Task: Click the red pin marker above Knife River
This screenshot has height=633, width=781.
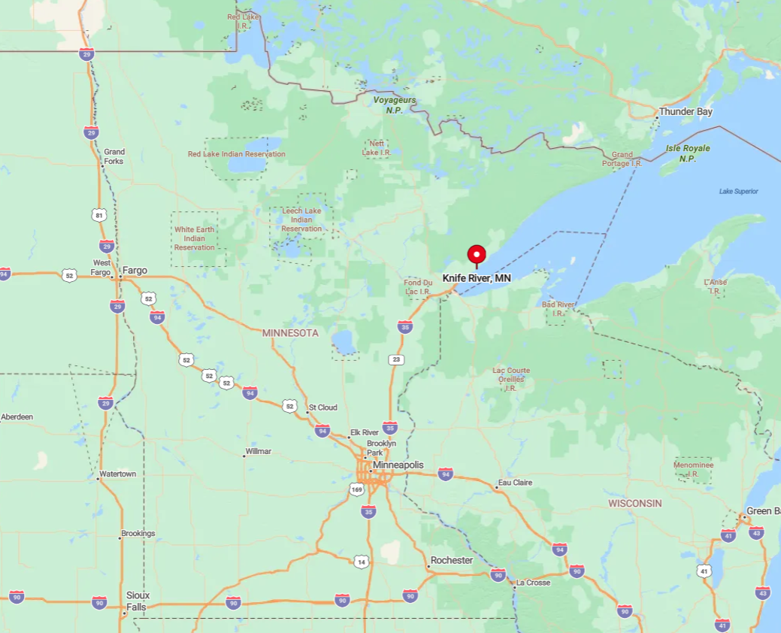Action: [x=477, y=255]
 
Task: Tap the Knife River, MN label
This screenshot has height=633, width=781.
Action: [x=477, y=278]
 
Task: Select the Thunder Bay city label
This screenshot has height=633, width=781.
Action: [x=686, y=112]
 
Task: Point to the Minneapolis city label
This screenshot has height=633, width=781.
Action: [x=398, y=465]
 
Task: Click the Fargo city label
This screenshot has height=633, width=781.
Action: [x=135, y=271]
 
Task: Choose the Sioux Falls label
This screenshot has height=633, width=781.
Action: [x=138, y=601]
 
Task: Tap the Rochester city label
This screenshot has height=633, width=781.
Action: [x=451, y=561]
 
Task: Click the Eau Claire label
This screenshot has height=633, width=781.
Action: [x=515, y=483]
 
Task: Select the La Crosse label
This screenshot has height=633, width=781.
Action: [x=533, y=583]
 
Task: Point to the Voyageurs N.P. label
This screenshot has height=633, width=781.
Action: [x=395, y=104]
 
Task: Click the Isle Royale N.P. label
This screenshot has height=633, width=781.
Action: [x=687, y=153]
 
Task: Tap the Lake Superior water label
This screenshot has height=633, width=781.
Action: [x=738, y=191]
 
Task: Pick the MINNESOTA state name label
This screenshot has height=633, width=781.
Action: [x=290, y=333]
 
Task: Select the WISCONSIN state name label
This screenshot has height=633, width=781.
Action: [x=634, y=503]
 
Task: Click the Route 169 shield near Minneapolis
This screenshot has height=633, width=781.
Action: [x=356, y=489]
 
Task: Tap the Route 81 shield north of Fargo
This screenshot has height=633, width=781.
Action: [x=99, y=216]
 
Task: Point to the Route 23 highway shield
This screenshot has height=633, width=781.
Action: [x=396, y=360]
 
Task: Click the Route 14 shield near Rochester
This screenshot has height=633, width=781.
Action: [x=362, y=562]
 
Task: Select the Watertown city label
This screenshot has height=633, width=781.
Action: [x=119, y=474]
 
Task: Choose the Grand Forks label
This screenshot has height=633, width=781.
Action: [x=114, y=156]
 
